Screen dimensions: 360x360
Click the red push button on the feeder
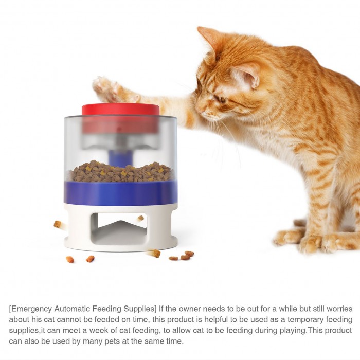(121, 110)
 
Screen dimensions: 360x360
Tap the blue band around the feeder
(121, 193)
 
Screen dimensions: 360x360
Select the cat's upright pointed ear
(208, 41)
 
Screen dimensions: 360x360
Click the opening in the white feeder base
(118, 229)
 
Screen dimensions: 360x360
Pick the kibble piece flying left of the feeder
(58, 224)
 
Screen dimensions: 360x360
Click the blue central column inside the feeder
(119, 158)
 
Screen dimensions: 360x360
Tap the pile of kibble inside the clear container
(120, 171)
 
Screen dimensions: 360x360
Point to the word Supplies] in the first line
(140, 309)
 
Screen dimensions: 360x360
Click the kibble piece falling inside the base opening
(140, 218)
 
